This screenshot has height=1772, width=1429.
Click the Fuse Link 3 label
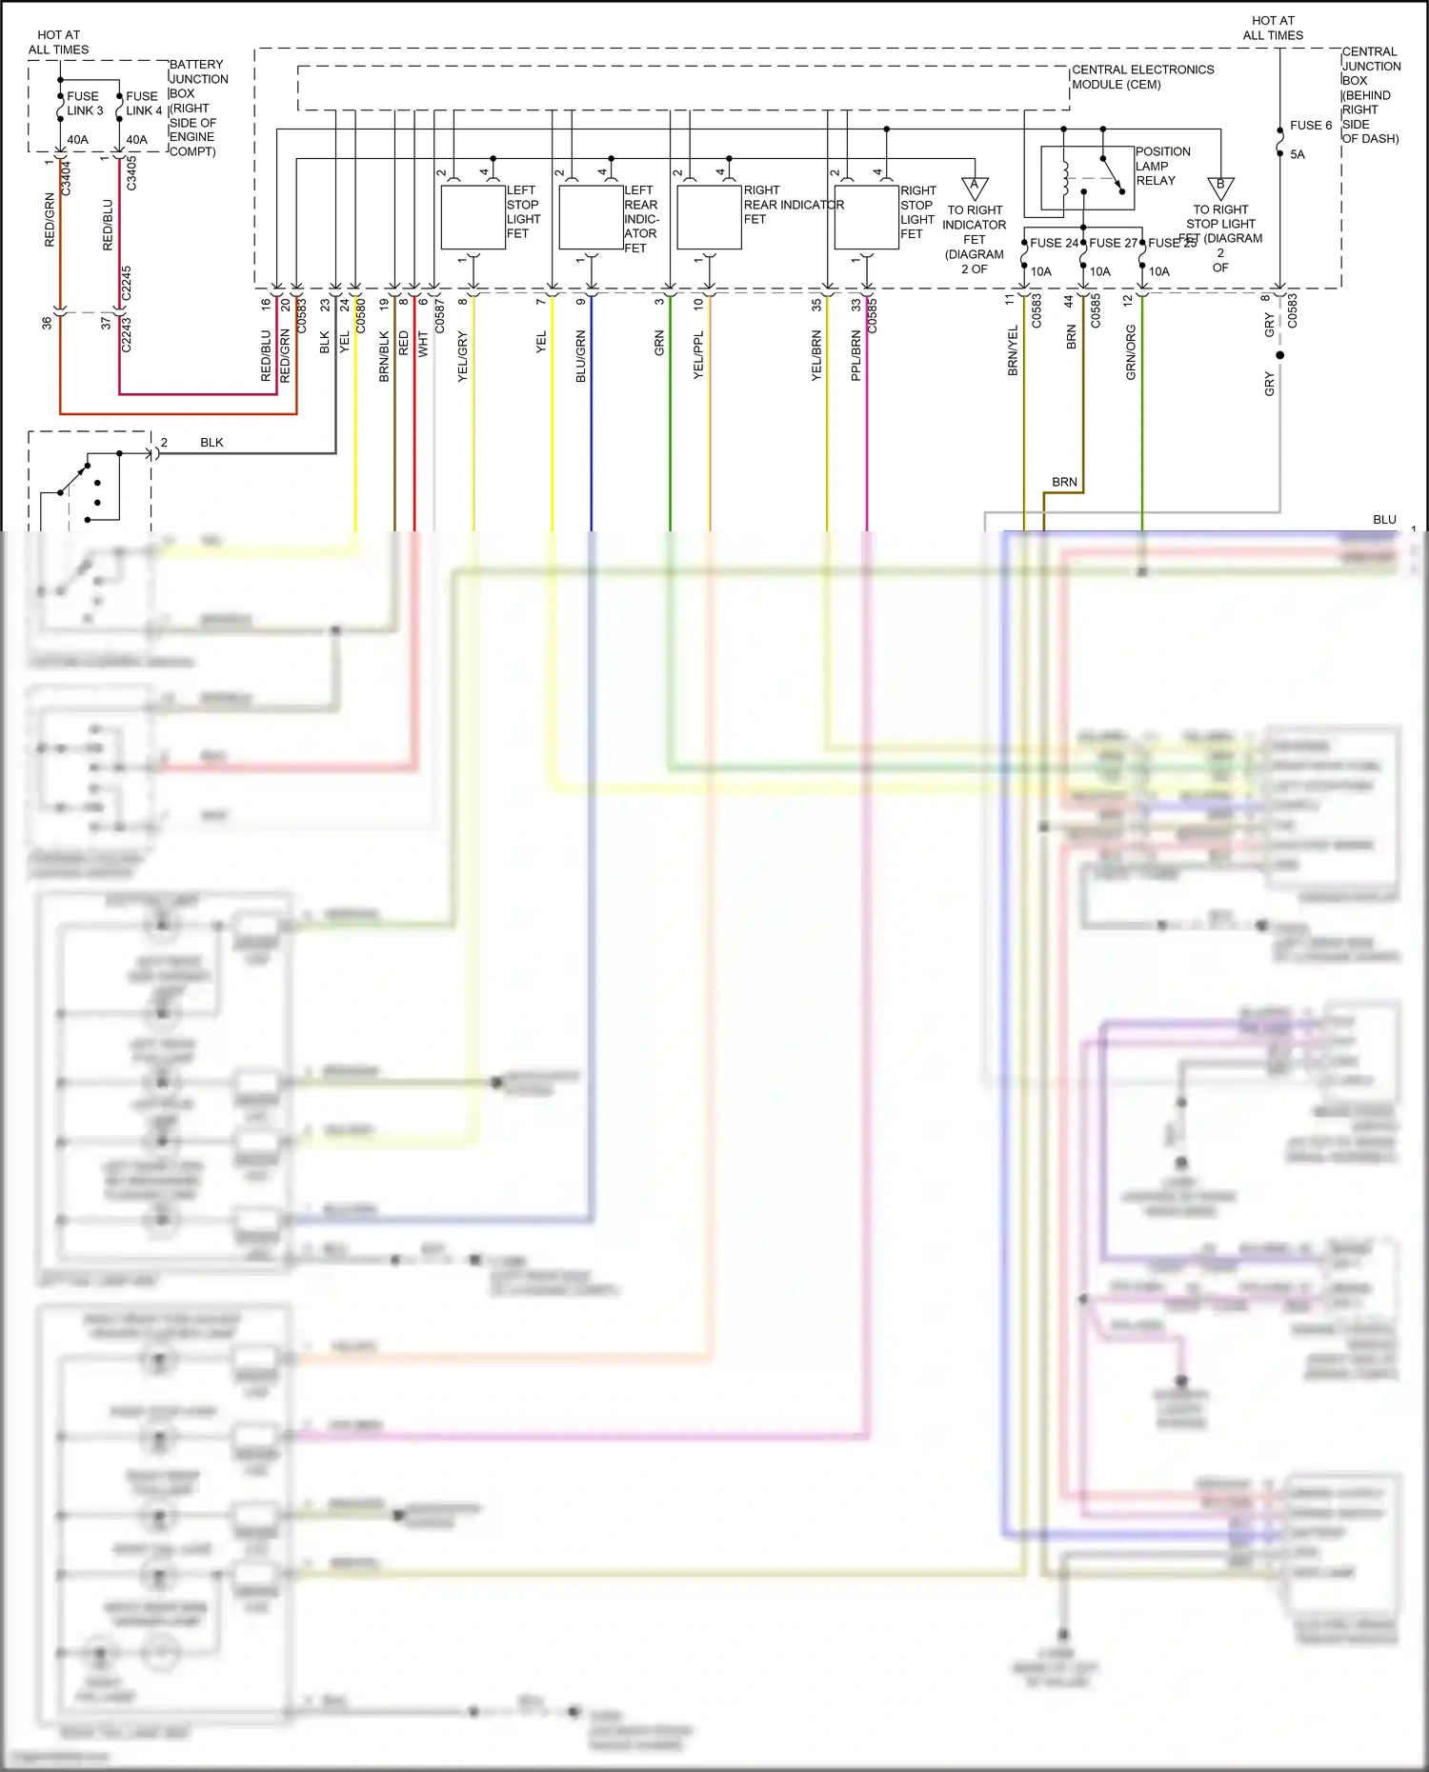(84, 103)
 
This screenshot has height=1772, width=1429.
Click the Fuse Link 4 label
(144, 103)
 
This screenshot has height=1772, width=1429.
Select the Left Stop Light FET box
(473, 217)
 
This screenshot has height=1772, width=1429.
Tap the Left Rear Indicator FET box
(591, 217)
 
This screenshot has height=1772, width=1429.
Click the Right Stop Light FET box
(866, 217)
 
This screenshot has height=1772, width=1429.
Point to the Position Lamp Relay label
(1161, 166)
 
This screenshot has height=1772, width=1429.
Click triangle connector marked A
(974, 187)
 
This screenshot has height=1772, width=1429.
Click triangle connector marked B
(1219, 187)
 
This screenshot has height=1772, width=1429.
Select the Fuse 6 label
(1310, 126)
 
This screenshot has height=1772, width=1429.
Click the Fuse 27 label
(1112, 243)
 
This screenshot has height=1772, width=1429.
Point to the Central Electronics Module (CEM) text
(1142, 77)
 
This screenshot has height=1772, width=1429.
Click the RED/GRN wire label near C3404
(50, 220)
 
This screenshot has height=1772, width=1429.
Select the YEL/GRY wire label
(463, 357)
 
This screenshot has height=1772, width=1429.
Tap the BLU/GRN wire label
(581, 357)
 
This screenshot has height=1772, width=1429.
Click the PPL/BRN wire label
(855, 357)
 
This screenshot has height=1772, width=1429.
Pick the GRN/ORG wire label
(1131, 352)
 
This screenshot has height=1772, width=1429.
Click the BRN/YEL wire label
(1013, 350)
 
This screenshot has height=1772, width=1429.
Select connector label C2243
(127, 334)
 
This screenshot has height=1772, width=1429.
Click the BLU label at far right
(1383, 520)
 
